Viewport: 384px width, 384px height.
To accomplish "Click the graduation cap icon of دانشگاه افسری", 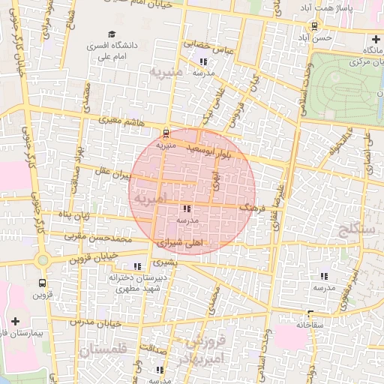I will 112,34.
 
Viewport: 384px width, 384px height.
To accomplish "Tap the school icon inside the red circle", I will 186,209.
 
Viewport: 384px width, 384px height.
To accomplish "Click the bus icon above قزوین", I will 41,283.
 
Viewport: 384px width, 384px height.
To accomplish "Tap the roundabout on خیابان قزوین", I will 43,261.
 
